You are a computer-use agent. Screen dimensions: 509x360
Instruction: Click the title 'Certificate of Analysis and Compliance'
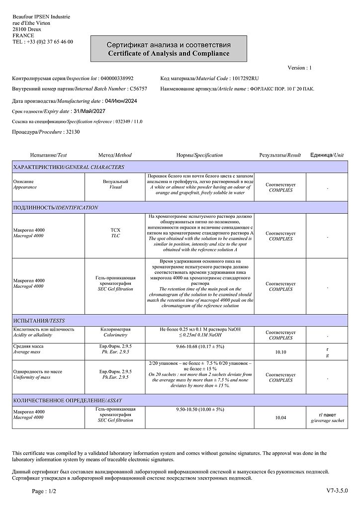coord(169,53)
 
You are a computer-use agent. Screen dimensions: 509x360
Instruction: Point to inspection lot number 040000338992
coord(117,79)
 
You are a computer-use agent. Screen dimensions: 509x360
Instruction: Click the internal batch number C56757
coord(138,88)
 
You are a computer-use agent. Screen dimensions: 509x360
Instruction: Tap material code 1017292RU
coord(245,79)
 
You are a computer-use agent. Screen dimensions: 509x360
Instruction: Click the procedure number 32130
coord(73,132)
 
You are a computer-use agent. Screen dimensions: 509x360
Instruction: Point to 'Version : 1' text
coord(299,68)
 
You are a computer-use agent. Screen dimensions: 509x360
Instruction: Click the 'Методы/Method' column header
coord(115,155)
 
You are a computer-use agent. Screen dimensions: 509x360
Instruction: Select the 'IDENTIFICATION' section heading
coord(77,207)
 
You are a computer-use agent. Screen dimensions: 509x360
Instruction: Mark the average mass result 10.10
coord(280,352)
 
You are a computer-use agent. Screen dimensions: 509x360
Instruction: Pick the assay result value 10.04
coord(280,418)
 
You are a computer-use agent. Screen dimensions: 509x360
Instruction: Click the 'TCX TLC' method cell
coord(115,233)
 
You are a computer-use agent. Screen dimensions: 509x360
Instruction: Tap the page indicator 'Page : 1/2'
coord(44,491)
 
